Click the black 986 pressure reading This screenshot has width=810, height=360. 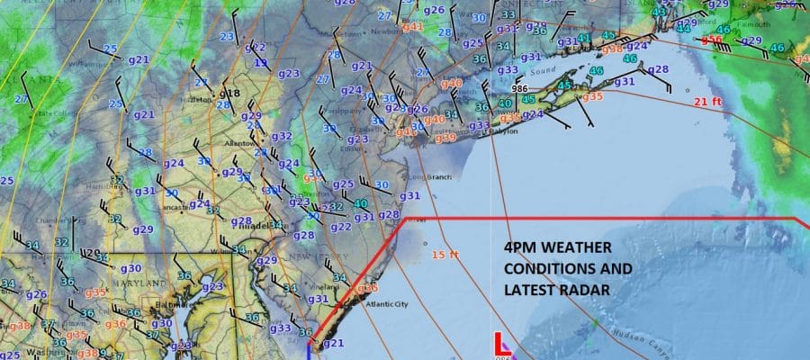(519, 89)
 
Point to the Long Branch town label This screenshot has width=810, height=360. (429, 176)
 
